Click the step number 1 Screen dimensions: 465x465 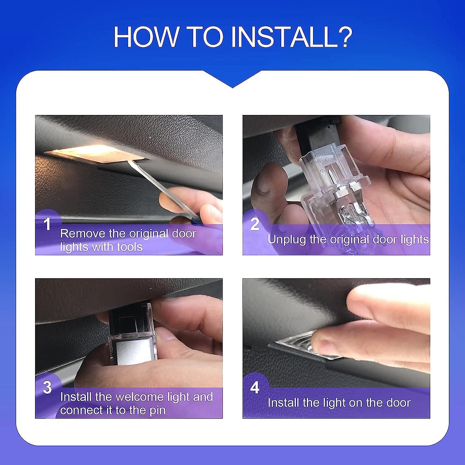coord(47,224)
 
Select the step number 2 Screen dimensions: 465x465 coord(255,224)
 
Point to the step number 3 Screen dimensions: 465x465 coord(47,387)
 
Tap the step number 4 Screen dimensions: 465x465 coord(255,387)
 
